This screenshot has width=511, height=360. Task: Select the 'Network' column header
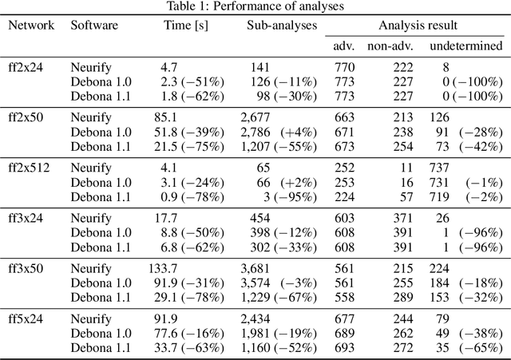(31, 25)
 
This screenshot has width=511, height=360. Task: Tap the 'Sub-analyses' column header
(282, 25)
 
